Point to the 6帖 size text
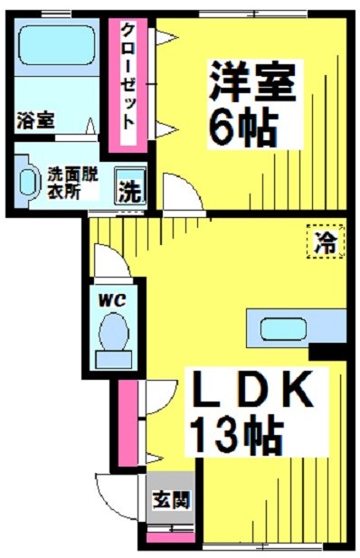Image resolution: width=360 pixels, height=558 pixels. (243, 129)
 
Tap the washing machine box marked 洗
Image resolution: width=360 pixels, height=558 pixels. (129, 192)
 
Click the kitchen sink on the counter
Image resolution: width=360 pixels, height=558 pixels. (284, 326)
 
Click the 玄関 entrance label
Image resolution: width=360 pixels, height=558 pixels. (164, 498)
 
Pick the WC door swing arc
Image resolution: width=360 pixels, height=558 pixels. (110, 264)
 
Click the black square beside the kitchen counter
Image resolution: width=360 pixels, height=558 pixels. (328, 349)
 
